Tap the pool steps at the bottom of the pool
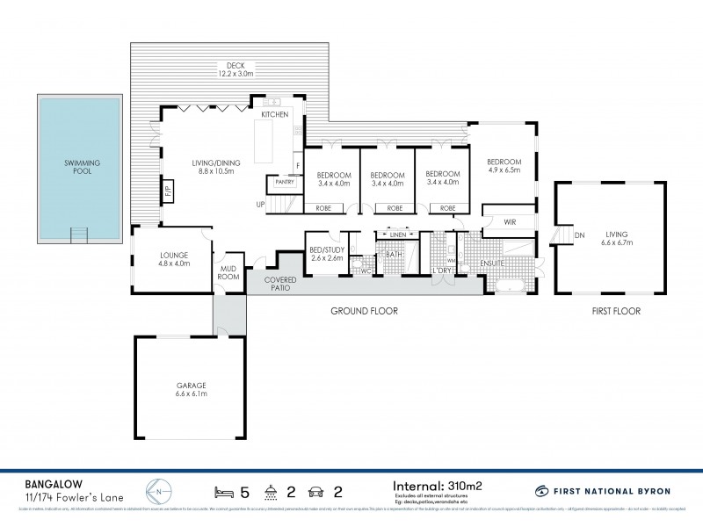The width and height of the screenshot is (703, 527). tap(80, 234)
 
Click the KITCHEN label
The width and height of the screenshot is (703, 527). tap(275, 115)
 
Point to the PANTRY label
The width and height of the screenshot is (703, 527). tap(284, 182)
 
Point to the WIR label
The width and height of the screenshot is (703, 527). tap(509, 222)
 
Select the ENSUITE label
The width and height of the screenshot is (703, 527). tap(494, 263)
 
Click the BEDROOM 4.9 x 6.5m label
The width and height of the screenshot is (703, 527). tap(504, 166)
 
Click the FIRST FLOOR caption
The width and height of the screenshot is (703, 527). tap(615, 311)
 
